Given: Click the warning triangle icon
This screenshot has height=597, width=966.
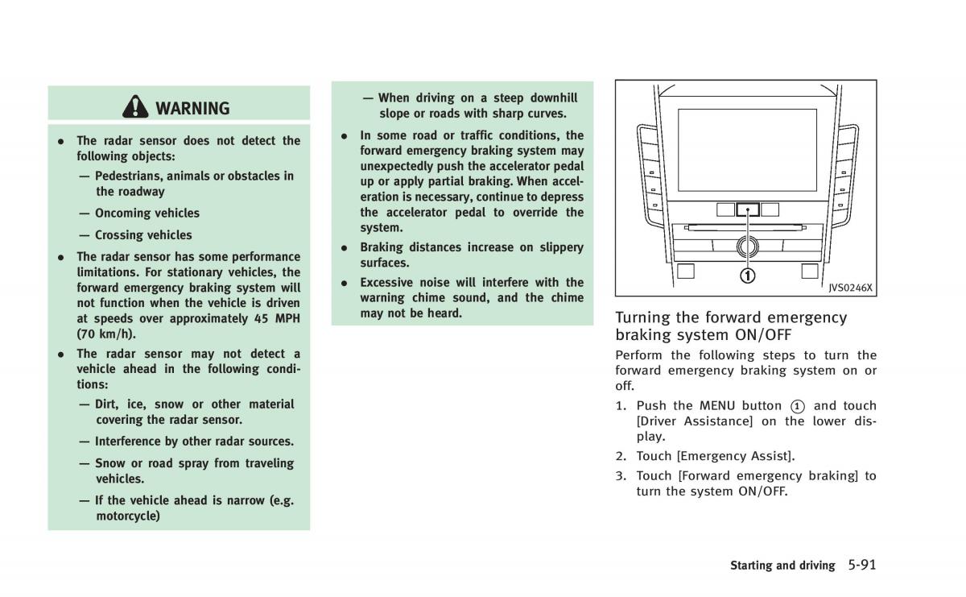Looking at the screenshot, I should pyautogui.click(x=136, y=107).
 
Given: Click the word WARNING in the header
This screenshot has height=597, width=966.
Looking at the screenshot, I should pyautogui.click(x=192, y=108).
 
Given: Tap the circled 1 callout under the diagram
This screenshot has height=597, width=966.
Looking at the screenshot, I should pyautogui.click(x=748, y=276).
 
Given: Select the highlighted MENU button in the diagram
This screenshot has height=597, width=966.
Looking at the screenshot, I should pyautogui.click(x=748, y=209).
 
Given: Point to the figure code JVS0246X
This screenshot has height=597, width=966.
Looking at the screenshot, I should pyautogui.click(x=851, y=288).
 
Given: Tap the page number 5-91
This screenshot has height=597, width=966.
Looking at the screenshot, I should pyautogui.click(x=861, y=565).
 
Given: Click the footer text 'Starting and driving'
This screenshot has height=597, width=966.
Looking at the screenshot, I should pyautogui.click(x=782, y=566).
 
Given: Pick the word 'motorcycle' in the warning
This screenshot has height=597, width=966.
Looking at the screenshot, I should pyautogui.click(x=128, y=516).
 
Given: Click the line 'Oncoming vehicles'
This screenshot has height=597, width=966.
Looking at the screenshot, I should pyautogui.click(x=147, y=214).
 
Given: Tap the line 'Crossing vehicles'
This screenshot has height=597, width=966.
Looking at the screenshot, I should pyautogui.click(x=143, y=235).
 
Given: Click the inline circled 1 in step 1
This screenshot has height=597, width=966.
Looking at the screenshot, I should pyautogui.click(x=797, y=406).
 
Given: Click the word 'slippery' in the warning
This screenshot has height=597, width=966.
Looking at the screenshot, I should pyautogui.click(x=558, y=247).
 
